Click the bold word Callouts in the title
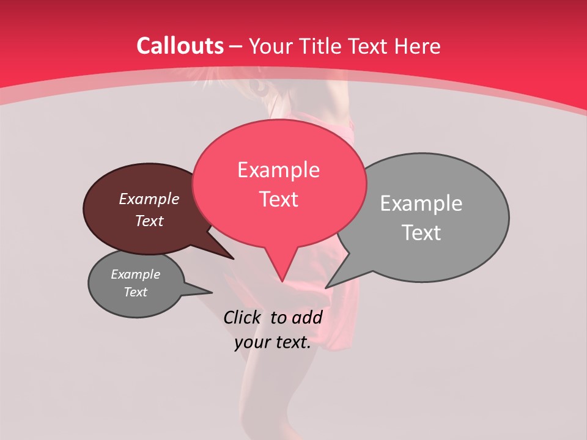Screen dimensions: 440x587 (x=180, y=46)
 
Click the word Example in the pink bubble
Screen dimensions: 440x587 (x=278, y=170)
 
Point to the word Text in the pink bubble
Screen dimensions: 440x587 (x=278, y=199)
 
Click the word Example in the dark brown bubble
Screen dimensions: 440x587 (x=149, y=199)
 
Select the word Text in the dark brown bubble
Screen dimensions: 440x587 (x=149, y=221)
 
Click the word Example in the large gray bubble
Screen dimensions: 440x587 (x=421, y=204)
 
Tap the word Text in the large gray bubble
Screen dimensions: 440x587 (x=421, y=233)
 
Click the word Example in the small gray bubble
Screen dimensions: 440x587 (x=135, y=274)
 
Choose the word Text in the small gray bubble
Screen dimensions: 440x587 (x=135, y=292)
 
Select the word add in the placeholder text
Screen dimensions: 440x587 (x=307, y=317)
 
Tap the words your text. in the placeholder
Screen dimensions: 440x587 (x=273, y=343)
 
